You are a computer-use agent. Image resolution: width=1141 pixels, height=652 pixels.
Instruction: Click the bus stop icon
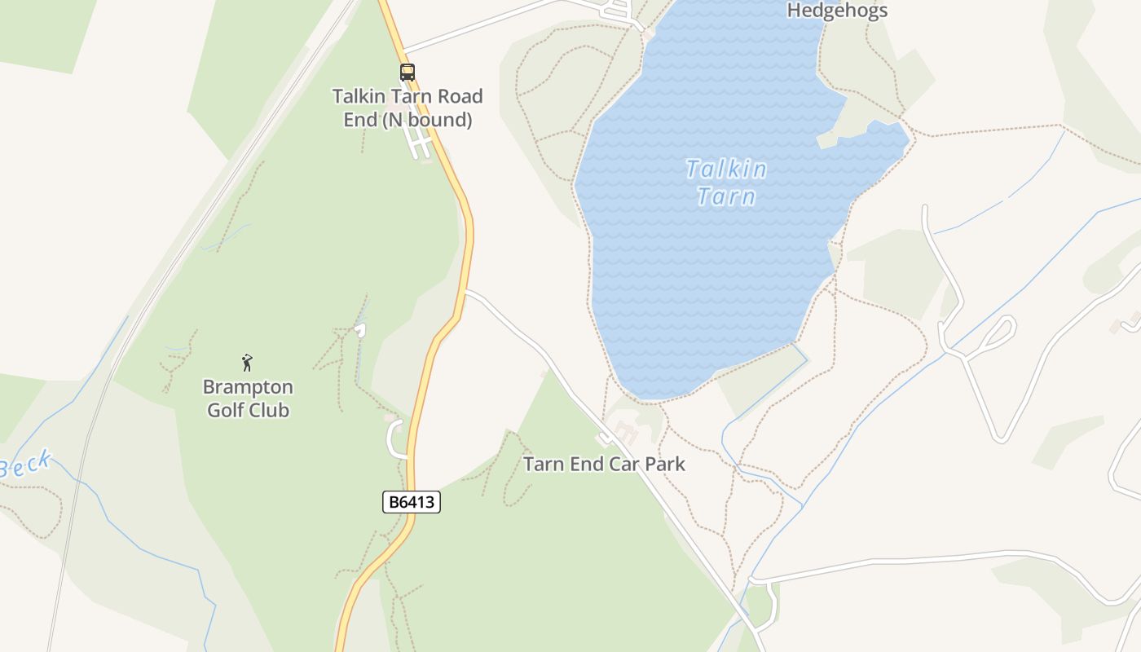pyautogui.click(x=407, y=72)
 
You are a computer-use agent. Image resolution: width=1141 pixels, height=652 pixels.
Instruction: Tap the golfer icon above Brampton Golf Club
pyautogui.click(x=248, y=363)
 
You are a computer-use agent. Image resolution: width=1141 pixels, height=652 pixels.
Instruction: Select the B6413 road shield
pyautogui.click(x=412, y=502)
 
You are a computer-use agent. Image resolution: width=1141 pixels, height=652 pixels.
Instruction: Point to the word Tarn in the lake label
pyautogui.click(x=726, y=196)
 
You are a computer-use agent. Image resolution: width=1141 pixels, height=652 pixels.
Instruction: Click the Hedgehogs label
pyautogui.click(x=837, y=11)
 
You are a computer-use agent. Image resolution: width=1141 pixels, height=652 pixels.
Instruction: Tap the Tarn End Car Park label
pyautogui.click(x=604, y=464)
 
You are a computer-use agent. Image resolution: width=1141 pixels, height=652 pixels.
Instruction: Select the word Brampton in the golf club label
pyautogui.click(x=248, y=387)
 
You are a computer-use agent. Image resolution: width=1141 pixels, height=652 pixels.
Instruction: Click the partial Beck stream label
pyautogui.click(x=26, y=465)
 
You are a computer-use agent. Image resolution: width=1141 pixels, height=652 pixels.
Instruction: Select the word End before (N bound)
pyautogui.click(x=360, y=120)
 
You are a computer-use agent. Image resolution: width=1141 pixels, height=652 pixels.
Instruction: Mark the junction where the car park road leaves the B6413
pyautogui.click(x=465, y=291)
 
